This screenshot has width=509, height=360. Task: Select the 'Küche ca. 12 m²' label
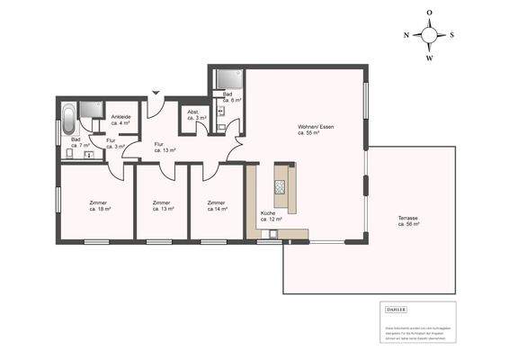pos(271,216)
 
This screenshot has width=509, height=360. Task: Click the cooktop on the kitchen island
pos(280,186)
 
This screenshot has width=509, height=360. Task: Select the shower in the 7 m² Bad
pos(90,110)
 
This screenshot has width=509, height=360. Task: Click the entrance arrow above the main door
pos(156,93)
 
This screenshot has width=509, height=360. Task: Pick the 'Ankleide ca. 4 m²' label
pos(121,120)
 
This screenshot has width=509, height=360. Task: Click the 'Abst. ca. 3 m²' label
pos(192,116)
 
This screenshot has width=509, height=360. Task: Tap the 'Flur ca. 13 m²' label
pos(163,147)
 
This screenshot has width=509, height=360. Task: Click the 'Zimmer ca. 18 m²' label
pos(99,206)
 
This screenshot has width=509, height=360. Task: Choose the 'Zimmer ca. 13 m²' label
pos(162,206)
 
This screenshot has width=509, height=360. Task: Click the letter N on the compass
pos(407,34)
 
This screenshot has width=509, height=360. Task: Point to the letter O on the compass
pos(429,13)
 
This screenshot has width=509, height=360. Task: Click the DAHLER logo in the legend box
pos(395,310)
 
